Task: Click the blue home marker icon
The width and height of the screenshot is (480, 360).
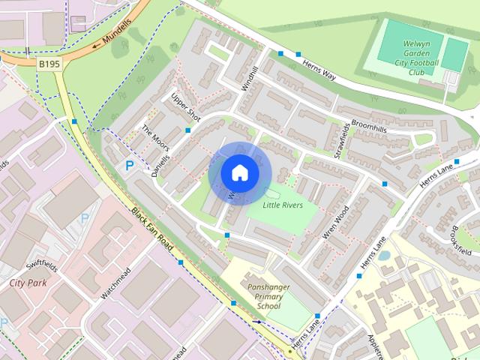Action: click(238, 172)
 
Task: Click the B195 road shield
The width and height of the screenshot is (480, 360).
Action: click(49, 66)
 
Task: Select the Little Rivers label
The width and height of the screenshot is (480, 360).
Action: click(283, 203)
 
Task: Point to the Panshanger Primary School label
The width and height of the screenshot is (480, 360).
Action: click(268, 296)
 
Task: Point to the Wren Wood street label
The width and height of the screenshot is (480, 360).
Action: click(334, 223)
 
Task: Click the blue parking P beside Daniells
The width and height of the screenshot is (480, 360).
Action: click(130, 166)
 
